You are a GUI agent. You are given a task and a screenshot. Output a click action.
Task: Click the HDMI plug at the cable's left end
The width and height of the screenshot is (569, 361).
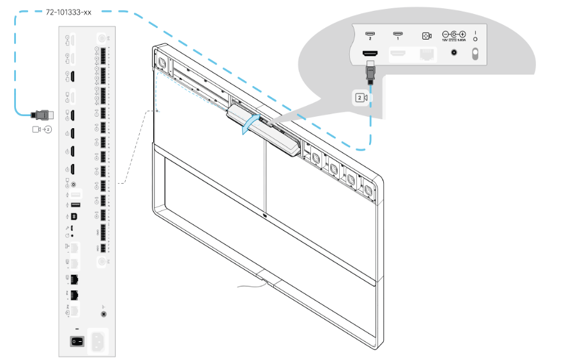(42, 115)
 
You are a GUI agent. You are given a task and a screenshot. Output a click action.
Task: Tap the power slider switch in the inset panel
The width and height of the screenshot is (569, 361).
(474, 54)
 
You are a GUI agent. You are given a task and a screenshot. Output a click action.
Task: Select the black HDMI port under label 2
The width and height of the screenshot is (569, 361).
(370, 55)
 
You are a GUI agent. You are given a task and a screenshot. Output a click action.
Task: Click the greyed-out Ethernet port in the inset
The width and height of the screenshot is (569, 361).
(427, 55)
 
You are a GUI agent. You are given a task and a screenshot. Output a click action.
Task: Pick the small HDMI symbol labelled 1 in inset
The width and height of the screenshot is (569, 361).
(397, 34)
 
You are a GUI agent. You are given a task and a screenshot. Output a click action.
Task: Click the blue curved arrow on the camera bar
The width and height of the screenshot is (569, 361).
(249, 125)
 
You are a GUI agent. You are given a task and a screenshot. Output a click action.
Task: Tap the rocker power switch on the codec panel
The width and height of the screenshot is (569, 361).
(77, 341)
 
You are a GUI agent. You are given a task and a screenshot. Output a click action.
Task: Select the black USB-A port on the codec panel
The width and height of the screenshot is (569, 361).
(76, 205)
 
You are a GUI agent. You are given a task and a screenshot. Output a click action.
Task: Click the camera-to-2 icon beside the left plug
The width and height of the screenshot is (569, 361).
(41, 129)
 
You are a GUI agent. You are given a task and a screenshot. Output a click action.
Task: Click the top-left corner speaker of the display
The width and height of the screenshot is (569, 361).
(161, 63)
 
